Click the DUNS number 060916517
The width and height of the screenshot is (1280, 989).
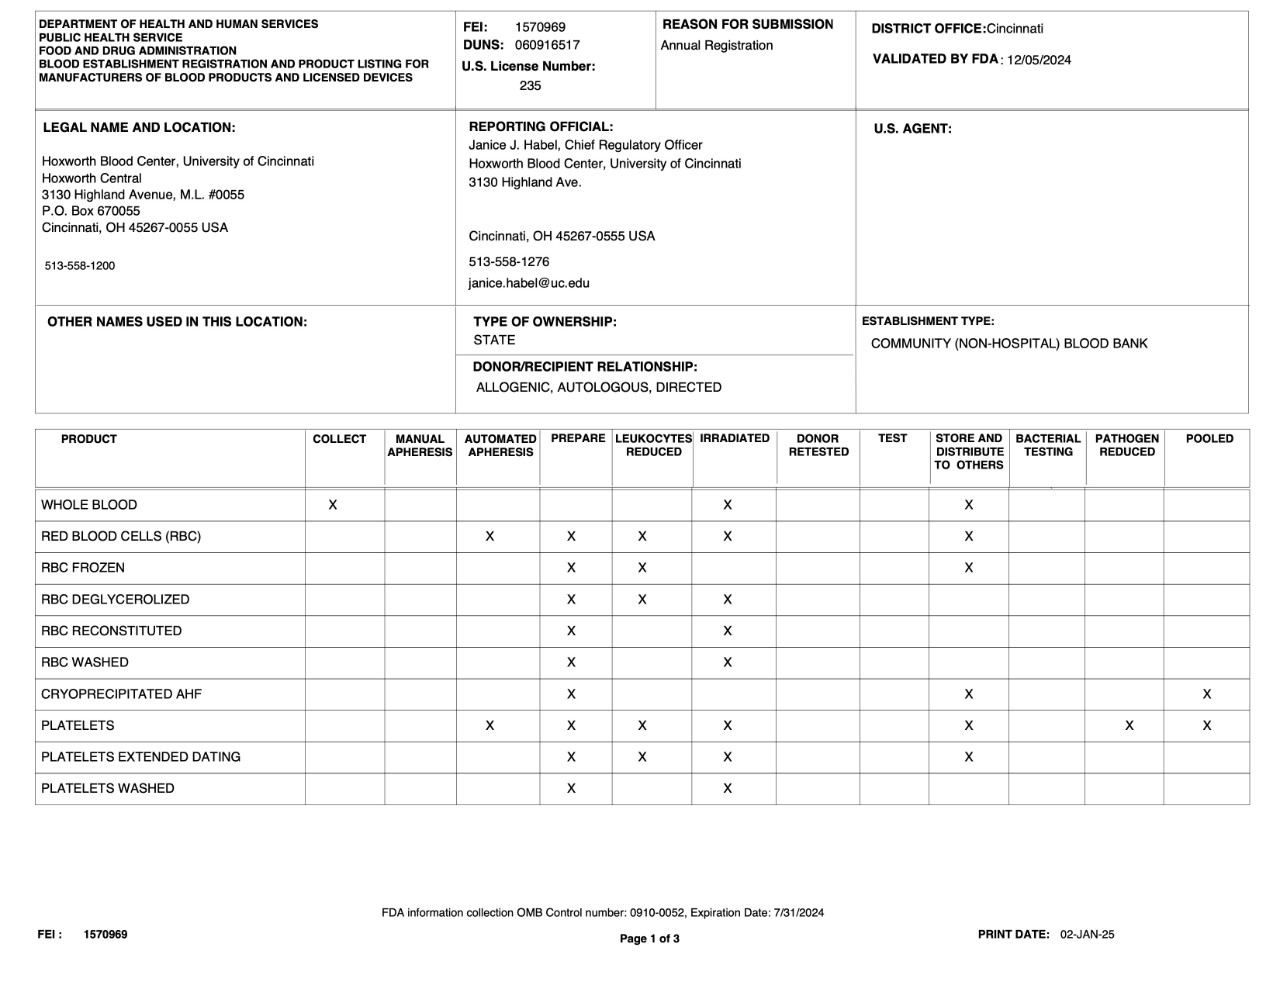point(547,45)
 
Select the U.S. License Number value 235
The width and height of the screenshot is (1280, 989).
point(530,86)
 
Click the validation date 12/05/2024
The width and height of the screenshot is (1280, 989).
point(1039,60)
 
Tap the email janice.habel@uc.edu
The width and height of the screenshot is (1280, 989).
point(529,283)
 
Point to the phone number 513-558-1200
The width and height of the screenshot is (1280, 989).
point(80,266)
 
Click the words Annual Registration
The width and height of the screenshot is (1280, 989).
point(716,46)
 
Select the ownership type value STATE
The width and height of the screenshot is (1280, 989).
point(494,340)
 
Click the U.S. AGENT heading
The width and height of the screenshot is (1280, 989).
point(912,129)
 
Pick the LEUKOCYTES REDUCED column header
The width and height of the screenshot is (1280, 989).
point(653,445)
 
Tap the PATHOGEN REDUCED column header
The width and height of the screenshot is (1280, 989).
point(1127,445)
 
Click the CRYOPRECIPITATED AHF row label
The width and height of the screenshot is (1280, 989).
point(121,694)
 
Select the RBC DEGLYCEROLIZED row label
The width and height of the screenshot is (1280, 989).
point(115,600)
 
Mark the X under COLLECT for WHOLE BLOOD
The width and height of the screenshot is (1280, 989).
point(333,505)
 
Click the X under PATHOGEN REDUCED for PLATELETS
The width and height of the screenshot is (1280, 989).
point(1129,726)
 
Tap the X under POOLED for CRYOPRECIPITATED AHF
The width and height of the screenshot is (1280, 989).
point(1207,694)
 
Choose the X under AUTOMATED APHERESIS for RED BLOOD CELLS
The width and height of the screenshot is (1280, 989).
point(489,537)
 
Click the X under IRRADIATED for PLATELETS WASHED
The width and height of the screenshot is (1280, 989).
point(727,788)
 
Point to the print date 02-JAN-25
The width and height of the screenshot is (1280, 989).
point(1087,935)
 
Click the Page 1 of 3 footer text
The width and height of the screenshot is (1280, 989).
point(649,939)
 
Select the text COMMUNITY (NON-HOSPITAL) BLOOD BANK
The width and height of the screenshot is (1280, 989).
point(1009,344)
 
